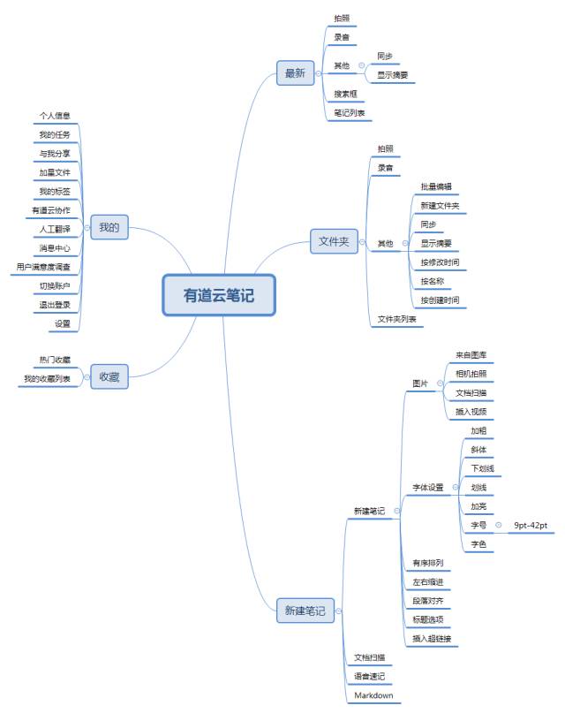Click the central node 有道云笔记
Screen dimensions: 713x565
[x=219, y=296]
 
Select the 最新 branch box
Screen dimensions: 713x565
[x=295, y=73]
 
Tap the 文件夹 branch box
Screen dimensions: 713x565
[x=334, y=240]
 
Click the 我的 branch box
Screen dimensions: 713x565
[x=109, y=228]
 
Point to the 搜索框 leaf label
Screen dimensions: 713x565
[x=345, y=94]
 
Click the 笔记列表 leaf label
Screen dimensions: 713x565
[x=350, y=113]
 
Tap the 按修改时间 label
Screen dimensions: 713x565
[x=440, y=262]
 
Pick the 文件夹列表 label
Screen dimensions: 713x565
[x=396, y=319]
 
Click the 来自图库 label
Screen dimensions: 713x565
[x=471, y=354]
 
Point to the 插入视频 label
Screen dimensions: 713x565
[x=471, y=412]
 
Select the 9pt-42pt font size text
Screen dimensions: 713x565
[x=531, y=526]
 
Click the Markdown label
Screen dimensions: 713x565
[x=373, y=695]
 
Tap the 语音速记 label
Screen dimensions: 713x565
[x=369, y=676]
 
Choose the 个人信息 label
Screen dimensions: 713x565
[x=55, y=116]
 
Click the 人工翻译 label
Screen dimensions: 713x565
[x=55, y=228]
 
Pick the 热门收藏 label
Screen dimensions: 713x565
[x=55, y=360]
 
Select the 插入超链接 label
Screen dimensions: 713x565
[x=433, y=638]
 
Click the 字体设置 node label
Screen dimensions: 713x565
[x=428, y=487]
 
